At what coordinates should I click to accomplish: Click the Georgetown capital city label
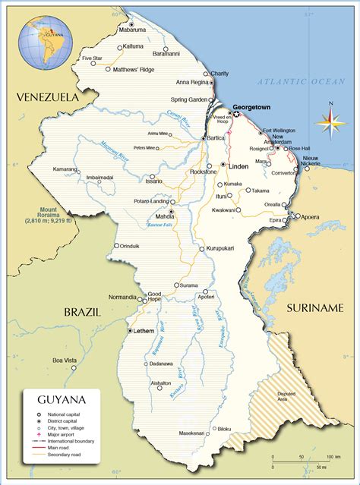click(251, 108)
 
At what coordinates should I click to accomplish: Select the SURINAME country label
click(315, 307)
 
